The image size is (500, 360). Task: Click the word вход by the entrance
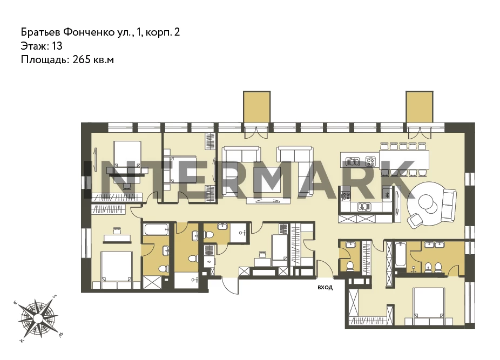pyautogui.click(x=325, y=287)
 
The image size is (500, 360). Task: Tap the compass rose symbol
pyautogui.click(x=38, y=317)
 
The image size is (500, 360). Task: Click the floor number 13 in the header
pyautogui.click(x=57, y=46)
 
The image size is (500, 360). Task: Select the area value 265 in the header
pyautogui.click(x=82, y=59)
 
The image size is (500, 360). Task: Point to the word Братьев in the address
pyautogui.click(x=40, y=32)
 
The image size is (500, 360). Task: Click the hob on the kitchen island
pyautogui.click(x=370, y=161)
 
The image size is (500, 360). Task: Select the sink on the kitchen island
pyautogui.click(x=353, y=162)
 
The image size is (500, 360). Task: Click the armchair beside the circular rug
pyautogui.click(x=416, y=221)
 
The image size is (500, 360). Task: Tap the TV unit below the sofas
pyautogui.click(x=268, y=201)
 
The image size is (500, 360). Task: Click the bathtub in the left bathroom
pyautogui.click(x=156, y=229)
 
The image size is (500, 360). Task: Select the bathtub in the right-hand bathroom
pyautogui.click(x=400, y=255)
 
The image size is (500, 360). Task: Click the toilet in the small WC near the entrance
pyautogui.click(x=350, y=266)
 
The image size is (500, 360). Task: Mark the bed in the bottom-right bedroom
pyautogui.click(x=429, y=306)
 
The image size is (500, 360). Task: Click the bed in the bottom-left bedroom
pyautogui.click(x=117, y=270)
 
